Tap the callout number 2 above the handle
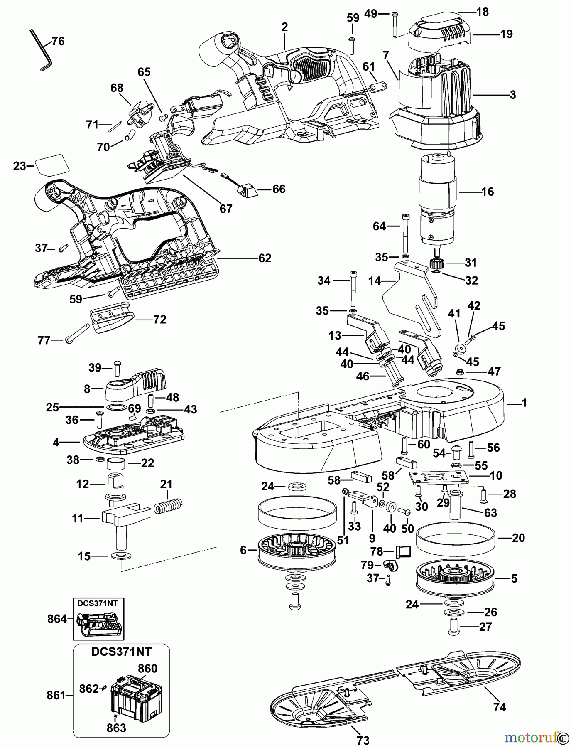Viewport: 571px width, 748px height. tap(284, 27)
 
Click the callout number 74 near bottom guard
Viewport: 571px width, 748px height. tap(500, 707)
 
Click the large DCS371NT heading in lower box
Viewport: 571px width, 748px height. tap(121, 651)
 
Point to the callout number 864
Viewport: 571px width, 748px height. tap(57, 619)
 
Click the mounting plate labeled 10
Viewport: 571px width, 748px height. tap(439, 478)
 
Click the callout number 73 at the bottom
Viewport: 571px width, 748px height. tap(363, 740)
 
